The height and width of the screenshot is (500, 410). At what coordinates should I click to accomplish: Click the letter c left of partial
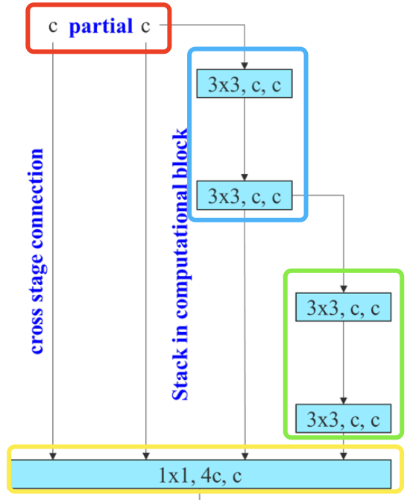[x=53, y=28]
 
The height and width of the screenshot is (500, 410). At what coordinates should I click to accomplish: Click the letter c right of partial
[x=146, y=28]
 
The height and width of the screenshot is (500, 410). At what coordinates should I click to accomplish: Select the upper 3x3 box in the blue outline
[x=245, y=84]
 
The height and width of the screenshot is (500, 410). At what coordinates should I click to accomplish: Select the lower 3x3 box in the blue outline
[x=245, y=196]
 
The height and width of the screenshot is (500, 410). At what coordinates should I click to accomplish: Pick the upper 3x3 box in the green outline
[x=343, y=307]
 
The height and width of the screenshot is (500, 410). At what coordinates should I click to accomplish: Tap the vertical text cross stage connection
[x=37, y=250]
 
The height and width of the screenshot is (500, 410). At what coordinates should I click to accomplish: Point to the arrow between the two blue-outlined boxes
[x=245, y=138]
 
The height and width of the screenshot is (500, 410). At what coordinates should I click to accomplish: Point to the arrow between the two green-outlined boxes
[x=343, y=362]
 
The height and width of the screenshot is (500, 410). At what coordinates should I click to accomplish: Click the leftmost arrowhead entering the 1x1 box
[x=54, y=455]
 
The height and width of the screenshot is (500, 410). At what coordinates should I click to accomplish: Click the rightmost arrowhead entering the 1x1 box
[x=343, y=455]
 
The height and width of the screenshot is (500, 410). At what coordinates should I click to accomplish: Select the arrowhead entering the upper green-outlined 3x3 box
[x=343, y=290]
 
